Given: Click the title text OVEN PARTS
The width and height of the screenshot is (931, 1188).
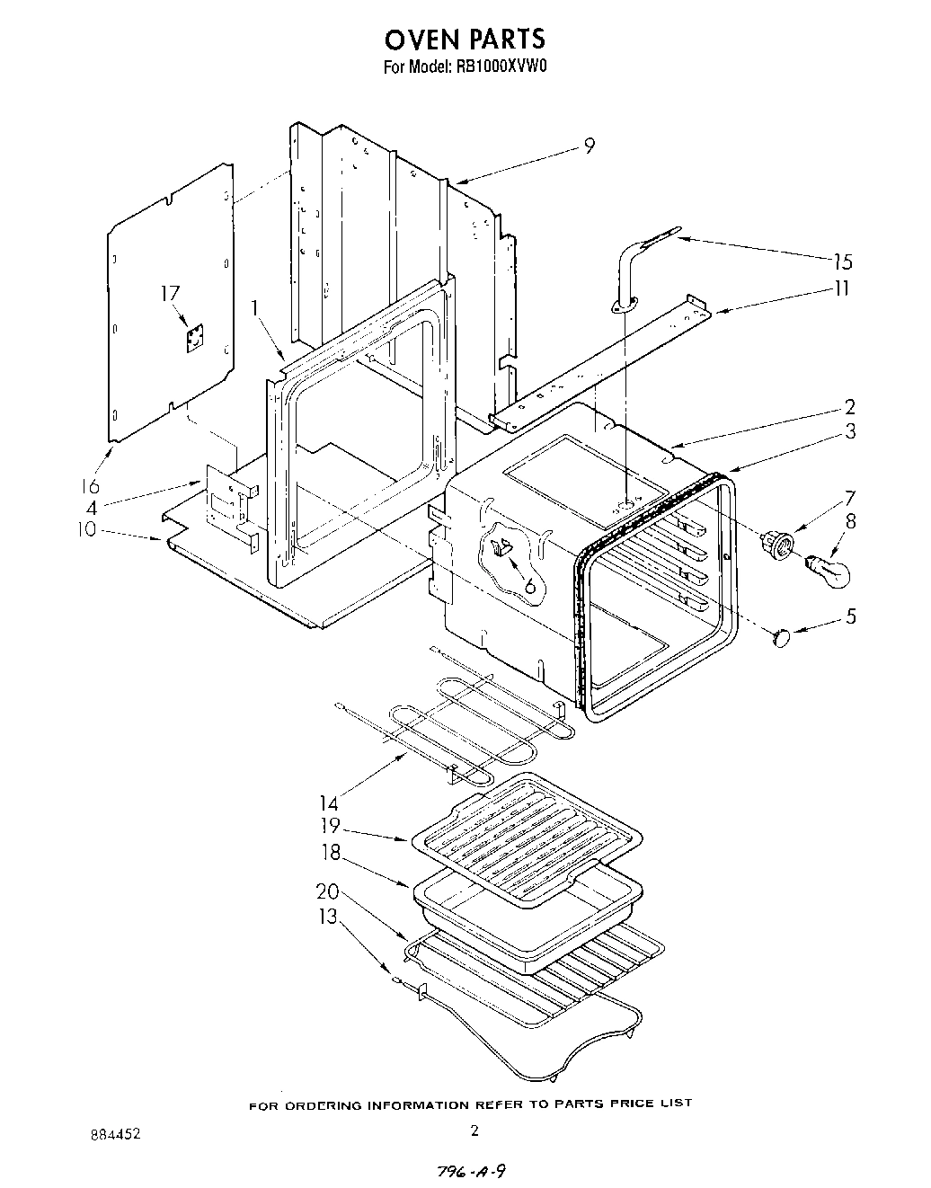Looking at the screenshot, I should [x=465, y=39].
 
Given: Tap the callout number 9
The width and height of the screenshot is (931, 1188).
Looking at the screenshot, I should [x=589, y=146].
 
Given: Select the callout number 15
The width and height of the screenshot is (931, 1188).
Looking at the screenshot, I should [x=842, y=262].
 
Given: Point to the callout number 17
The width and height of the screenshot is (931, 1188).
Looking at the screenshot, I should [x=170, y=293].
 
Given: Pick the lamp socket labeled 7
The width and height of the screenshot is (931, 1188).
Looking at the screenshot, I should [x=776, y=544].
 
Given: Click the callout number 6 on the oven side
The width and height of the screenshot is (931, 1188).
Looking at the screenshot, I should [x=529, y=586].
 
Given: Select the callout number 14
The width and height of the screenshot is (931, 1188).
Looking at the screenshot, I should [x=330, y=802].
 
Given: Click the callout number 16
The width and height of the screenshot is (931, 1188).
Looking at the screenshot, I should [x=88, y=486].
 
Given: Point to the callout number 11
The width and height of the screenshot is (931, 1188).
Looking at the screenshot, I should [x=841, y=288].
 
